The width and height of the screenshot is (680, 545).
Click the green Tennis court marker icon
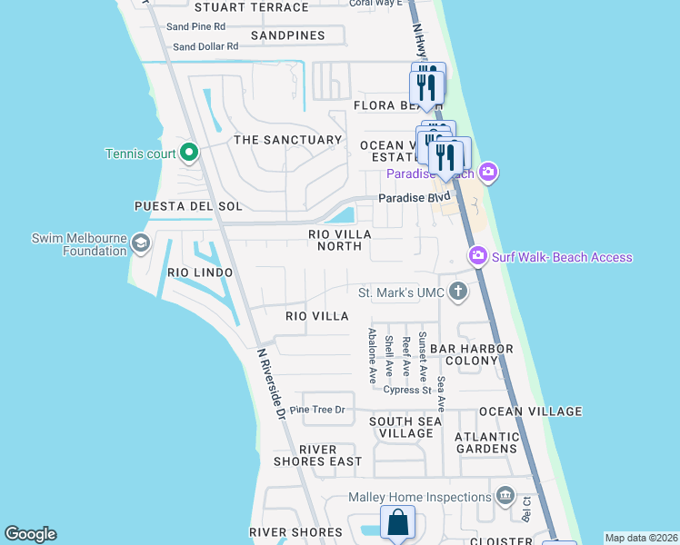[189, 153]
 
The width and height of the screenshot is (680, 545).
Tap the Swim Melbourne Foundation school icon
[140, 243]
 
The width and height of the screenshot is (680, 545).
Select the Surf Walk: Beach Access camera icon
[477, 257]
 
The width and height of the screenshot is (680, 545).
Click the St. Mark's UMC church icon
[457, 292]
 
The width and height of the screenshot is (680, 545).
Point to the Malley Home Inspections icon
[505, 496]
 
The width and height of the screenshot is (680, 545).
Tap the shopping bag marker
[398, 523]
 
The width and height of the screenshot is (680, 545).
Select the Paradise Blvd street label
[415, 197]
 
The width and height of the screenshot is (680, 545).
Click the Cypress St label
[406, 390]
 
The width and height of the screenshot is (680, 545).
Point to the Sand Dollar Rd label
[205, 46]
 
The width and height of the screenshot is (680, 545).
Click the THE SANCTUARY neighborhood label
[287, 140]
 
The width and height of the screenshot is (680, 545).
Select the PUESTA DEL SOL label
[188, 206]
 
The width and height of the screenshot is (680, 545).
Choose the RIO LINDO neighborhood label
[200, 272]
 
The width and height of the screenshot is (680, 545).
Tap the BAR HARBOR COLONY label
[472, 354]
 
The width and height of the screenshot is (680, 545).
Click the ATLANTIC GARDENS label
[486, 442]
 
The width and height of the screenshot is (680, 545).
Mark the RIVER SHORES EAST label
[318, 455]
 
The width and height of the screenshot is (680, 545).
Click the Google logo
[30, 534]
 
